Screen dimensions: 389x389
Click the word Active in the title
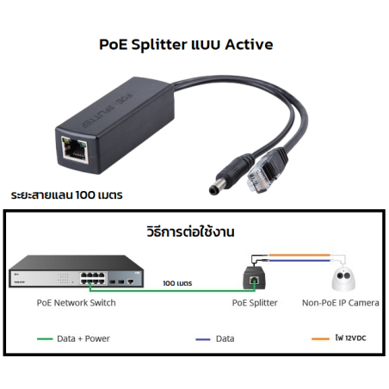[x=249, y=45]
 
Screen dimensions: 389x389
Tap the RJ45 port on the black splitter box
[x=75, y=149]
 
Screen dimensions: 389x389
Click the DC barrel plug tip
[x=214, y=188]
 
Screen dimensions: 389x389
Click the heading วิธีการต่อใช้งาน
[x=190, y=232]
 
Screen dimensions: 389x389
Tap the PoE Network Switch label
[x=77, y=303]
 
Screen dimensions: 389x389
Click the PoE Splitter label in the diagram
[x=255, y=303]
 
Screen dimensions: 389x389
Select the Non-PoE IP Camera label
[x=341, y=303]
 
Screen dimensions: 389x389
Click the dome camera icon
[x=343, y=279]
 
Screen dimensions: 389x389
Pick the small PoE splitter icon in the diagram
[x=255, y=278]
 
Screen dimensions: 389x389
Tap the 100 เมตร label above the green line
[x=177, y=283]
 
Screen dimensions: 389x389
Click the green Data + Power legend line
[x=45, y=339]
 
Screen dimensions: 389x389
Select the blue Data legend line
[x=203, y=339]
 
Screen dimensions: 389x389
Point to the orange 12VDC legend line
[x=320, y=339]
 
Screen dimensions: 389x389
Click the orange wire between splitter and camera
[x=299, y=255]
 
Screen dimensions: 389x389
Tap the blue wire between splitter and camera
[x=299, y=261]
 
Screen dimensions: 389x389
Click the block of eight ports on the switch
[x=93, y=278]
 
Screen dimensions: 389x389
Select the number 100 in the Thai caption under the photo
[x=85, y=195]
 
